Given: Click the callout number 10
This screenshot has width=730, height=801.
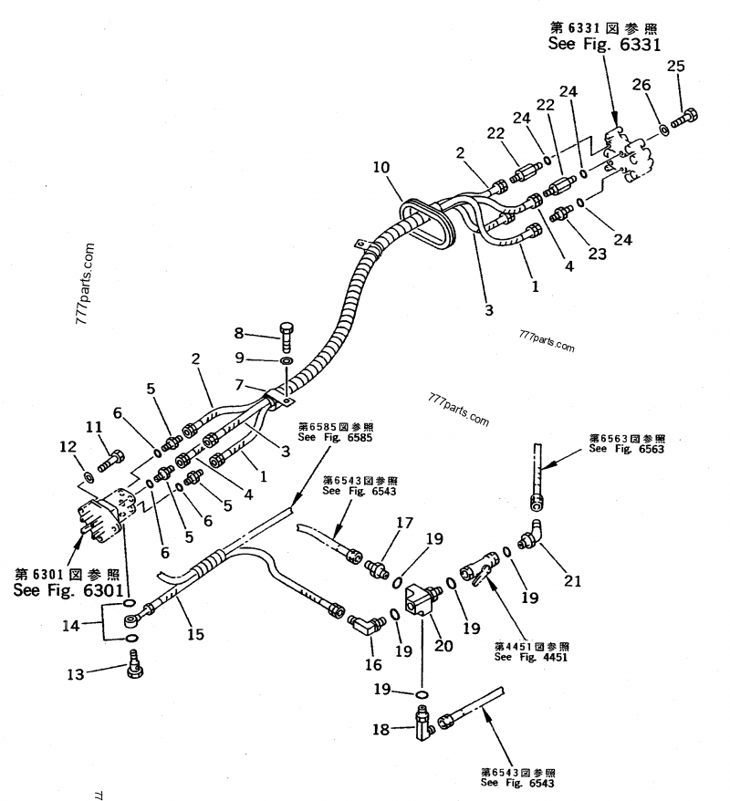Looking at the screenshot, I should pos(381,167).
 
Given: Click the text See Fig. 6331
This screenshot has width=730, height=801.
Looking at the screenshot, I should pos(604,43).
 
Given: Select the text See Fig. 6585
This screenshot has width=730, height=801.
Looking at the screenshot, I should pos(336,437).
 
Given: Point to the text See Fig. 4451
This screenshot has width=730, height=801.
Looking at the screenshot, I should pos(530,657).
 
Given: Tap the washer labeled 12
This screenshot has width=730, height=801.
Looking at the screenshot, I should pos(89,476).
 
